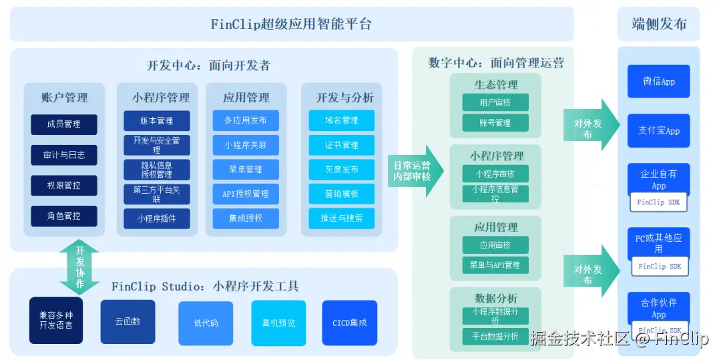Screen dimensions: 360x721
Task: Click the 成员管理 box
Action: point(64,124)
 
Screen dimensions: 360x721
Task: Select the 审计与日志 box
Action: point(64,155)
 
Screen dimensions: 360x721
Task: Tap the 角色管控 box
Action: point(64,216)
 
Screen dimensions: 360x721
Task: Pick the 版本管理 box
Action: point(157,121)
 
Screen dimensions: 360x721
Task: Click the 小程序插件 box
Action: point(157,218)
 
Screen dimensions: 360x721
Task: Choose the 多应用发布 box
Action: point(246,120)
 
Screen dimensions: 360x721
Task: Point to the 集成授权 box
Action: point(246,218)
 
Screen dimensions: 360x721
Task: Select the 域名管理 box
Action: point(341,120)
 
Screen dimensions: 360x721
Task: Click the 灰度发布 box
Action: point(341,169)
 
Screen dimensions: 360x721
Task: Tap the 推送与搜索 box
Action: point(341,218)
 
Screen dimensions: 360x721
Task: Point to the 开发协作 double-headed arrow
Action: point(79,268)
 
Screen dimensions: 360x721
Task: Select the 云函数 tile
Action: point(128,321)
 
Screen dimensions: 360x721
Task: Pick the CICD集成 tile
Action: point(349,323)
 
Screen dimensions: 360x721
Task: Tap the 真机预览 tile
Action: point(278,323)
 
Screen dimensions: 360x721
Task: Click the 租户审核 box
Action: point(495,102)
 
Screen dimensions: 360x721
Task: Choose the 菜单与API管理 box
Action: point(495,265)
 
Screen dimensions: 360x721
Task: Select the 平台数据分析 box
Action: point(495,336)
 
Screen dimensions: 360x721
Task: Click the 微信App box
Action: point(658,81)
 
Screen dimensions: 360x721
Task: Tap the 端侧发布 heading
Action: point(659,25)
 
